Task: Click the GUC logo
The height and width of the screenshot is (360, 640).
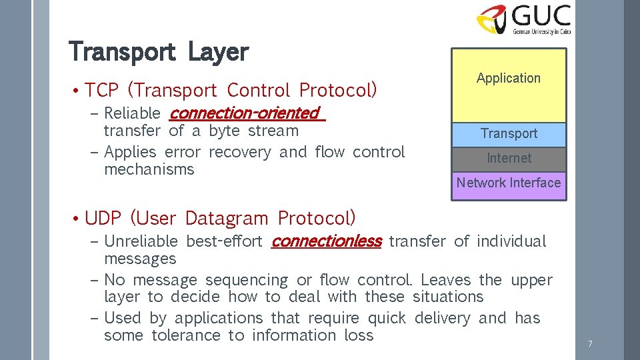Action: (x=524, y=19)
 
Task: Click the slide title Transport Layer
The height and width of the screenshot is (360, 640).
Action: (x=159, y=51)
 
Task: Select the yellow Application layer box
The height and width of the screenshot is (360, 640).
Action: (x=509, y=85)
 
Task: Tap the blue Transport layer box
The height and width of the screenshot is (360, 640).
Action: (x=509, y=134)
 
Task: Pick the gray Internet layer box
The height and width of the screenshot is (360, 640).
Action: (x=509, y=159)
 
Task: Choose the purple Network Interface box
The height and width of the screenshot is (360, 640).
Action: (x=509, y=183)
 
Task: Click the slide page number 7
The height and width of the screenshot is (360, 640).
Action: (x=590, y=344)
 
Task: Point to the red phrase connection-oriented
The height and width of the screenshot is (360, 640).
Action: (x=245, y=113)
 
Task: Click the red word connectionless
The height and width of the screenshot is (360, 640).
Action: (x=326, y=241)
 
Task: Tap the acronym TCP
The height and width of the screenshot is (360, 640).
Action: (x=102, y=90)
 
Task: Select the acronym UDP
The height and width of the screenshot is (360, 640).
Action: (x=103, y=218)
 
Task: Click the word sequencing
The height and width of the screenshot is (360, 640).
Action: (x=247, y=280)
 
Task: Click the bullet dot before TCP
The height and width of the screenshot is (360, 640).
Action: (x=77, y=91)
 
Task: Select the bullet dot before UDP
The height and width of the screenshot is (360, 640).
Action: (x=77, y=219)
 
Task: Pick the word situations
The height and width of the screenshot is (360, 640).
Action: (x=448, y=297)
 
